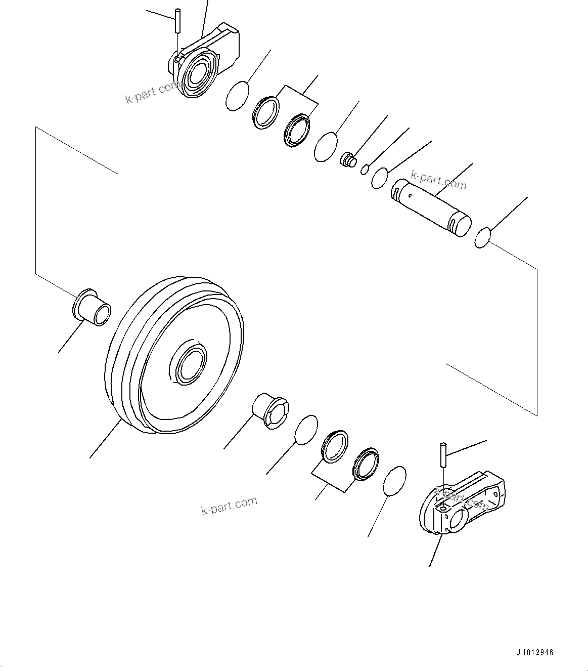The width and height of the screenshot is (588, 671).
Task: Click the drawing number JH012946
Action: point(534,652)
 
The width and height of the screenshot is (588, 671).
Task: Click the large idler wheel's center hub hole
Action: point(190,363)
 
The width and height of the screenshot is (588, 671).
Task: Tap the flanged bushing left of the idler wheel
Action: point(92,307)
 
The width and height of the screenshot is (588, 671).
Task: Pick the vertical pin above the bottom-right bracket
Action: point(443,455)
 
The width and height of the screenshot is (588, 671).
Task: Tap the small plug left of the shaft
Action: point(348,160)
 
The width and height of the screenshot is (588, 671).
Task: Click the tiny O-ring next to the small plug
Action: point(365,169)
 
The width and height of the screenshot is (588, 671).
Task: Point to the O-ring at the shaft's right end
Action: point(483,238)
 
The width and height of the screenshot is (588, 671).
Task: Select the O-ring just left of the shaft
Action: point(379,177)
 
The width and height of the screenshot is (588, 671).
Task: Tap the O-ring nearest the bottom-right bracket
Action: point(395,480)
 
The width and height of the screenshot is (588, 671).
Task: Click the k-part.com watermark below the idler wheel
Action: point(229,506)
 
